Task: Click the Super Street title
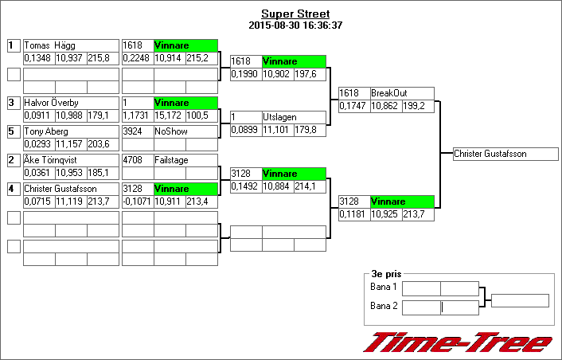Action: click(295, 14)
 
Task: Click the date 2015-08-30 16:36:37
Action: click(295, 25)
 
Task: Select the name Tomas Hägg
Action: click(45, 46)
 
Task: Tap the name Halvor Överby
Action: click(49, 103)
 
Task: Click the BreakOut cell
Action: click(389, 93)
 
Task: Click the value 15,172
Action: click(168, 115)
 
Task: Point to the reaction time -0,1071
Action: click(137, 202)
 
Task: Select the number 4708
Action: click(132, 160)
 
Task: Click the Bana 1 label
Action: click(384, 287)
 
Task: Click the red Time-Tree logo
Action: click(457, 342)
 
